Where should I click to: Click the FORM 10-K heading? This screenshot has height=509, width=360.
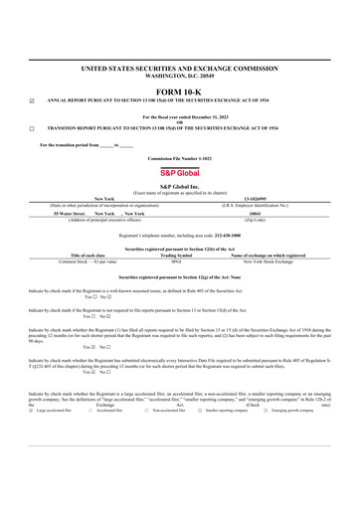click(180, 88)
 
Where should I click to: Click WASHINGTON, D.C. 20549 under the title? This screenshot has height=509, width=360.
click(180, 76)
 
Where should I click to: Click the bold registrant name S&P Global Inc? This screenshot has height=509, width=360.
click(180, 186)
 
